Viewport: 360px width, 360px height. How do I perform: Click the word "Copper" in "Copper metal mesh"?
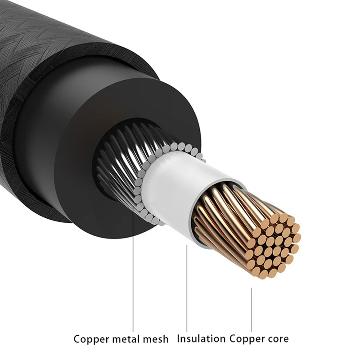click(90, 339)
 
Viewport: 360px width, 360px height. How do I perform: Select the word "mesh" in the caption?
click(158, 339)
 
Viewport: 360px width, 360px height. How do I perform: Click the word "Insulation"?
click(201, 338)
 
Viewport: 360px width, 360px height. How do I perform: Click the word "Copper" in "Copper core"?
click(246, 338)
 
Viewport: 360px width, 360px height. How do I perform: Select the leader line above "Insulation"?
click(187, 288)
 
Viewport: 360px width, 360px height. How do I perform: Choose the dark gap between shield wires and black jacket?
click(103, 184)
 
